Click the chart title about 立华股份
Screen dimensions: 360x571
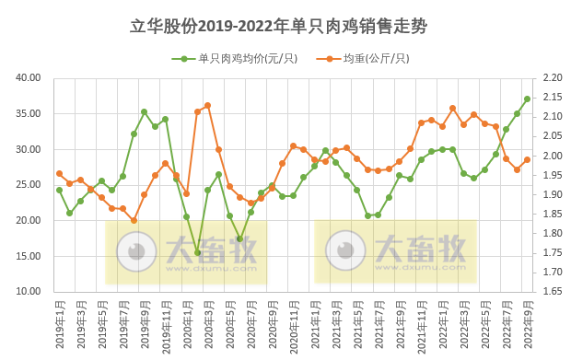point(285,25)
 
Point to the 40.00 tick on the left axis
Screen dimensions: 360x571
point(29,78)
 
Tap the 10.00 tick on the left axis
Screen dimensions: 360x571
point(29,291)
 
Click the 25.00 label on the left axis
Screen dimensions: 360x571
point(29,185)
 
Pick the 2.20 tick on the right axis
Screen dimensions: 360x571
point(550,78)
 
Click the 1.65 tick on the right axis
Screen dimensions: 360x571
point(550,291)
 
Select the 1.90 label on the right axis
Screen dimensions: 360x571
point(550,194)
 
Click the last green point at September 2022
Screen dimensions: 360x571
point(528,99)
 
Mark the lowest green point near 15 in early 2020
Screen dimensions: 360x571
point(197,252)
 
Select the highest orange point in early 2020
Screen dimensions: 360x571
point(207,105)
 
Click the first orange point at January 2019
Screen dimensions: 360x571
point(59,173)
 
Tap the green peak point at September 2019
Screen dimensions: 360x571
point(144,112)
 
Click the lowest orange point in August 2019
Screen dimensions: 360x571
point(134,220)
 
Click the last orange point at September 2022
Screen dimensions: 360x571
point(528,160)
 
